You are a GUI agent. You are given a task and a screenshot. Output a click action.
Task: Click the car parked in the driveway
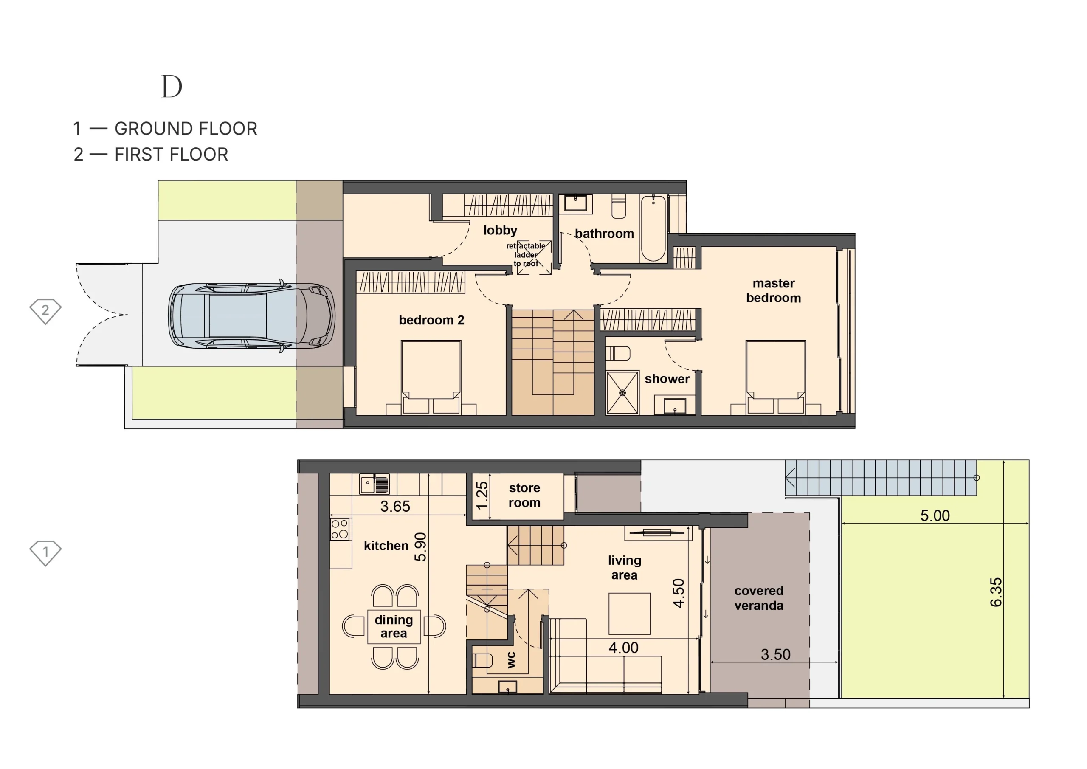(252, 315)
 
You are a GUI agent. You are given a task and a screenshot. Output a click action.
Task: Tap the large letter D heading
(172, 86)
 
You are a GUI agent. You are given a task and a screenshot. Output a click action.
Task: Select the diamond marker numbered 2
(45, 311)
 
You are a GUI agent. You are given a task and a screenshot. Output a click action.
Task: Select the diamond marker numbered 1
(45, 552)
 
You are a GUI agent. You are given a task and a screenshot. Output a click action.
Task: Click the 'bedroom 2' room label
(431, 320)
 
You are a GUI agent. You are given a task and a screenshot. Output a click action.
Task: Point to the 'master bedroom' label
(774, 290)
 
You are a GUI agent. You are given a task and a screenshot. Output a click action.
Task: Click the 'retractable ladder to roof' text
(526, 255)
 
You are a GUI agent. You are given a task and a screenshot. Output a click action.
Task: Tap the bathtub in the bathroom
(653, 228)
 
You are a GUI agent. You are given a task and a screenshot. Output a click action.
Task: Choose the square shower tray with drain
(622, 393)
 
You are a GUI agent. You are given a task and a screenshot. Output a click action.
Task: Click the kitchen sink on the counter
(375, 484)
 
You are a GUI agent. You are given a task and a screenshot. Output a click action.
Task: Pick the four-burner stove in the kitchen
(340, 529)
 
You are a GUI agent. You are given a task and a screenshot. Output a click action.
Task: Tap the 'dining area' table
(394, 626)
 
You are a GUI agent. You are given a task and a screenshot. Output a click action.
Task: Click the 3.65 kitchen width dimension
(395, 506)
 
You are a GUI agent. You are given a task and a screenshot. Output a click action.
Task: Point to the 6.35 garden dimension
(996, 592)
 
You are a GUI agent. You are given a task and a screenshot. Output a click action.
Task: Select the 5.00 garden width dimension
(935, 515)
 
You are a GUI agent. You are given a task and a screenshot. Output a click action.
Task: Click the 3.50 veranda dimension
(775, 654)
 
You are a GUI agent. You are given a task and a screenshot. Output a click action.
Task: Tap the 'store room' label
(524, 495)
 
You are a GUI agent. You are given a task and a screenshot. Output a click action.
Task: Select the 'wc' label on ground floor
(511, 659)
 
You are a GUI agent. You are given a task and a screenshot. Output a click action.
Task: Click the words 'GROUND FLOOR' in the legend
(186, 129)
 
